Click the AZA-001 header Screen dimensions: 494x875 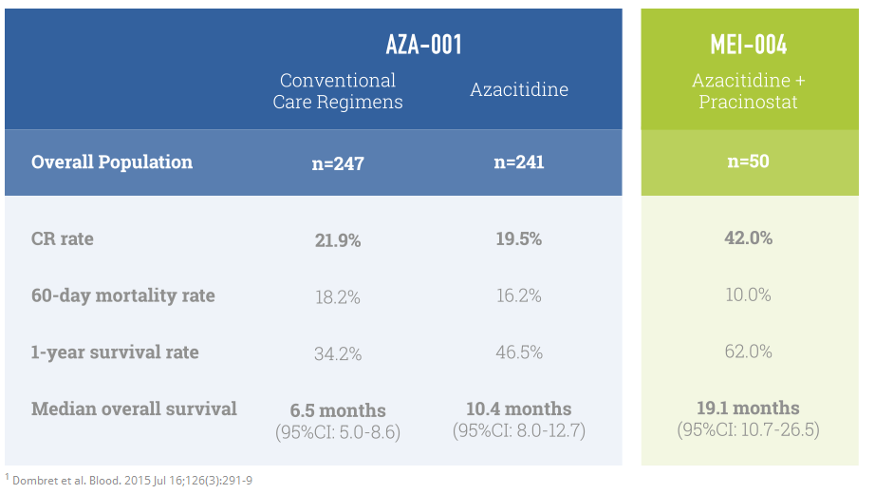(423, 44)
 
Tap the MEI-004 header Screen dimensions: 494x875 (749, 44)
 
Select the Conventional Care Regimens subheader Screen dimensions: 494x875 (338, 91)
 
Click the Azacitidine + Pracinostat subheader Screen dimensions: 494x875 (749, 91)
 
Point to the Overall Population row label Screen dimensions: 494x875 (112, 161)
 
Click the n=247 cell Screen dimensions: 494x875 (338, 163)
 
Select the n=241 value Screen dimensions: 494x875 (518, 162)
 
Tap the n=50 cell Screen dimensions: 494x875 (748, 161)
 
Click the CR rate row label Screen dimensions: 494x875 (63, 238)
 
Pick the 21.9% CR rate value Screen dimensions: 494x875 (338, 240)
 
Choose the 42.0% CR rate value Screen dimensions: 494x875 (748, 237)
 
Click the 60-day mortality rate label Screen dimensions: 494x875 (123, 295)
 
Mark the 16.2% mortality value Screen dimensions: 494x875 (518, 296)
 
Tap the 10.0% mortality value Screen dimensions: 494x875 (748, 295)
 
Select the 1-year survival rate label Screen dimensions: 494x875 (115, 352)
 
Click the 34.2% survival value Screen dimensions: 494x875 (338, 354)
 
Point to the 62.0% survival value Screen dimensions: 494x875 (748, 352)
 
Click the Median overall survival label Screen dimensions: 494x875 (134, 409)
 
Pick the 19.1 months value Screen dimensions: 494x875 (748, 409)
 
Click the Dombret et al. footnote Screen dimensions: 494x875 (129, 480)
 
